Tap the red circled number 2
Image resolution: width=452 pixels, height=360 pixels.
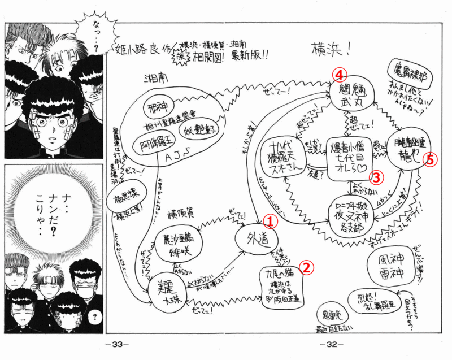point(305,266)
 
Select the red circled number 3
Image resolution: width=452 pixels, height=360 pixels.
point(378,177)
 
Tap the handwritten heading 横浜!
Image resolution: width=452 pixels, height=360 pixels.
point(331,49)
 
